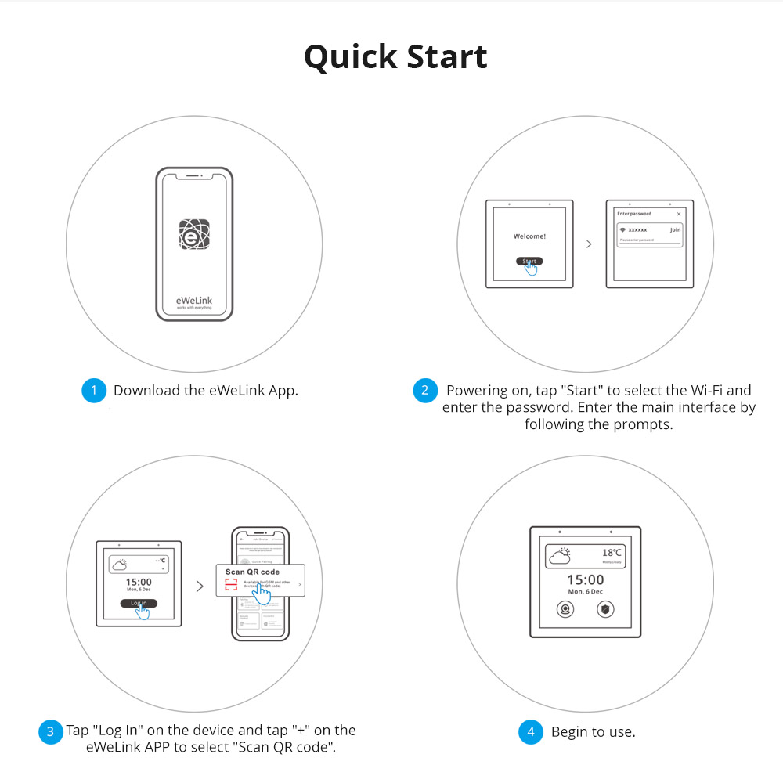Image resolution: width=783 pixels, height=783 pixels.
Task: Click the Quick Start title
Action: (395, 57)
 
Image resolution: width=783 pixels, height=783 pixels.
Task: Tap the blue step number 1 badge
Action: (93, 391)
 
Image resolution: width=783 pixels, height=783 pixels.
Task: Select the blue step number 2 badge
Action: (424, 391)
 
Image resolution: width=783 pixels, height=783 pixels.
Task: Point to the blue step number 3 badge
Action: (50, 731)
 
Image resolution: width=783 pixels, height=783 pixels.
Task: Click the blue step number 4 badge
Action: (531, 732)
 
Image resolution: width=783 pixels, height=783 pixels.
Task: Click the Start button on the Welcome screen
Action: (529, 261)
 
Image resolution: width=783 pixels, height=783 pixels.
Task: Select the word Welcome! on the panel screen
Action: (529, 236)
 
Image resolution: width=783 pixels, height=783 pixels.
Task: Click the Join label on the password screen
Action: (675, 230)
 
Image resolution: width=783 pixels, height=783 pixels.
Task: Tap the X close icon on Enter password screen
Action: (678, 214)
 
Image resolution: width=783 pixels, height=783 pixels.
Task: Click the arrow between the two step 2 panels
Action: (589, 244)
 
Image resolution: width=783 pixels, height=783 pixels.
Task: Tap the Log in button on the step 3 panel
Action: (139, 603)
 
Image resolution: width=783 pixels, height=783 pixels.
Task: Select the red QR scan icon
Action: (230, 585)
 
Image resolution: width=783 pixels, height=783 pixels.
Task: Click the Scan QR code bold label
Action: (252, 572)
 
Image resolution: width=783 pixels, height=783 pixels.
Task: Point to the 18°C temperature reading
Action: (612, 553)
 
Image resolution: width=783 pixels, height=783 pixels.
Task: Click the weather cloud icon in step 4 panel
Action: (561, 556)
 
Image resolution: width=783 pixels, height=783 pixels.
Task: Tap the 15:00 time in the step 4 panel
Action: (585, 579)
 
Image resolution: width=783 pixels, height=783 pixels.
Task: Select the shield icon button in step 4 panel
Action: (605, 608)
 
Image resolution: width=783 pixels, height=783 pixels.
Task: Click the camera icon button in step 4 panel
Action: (564, 608)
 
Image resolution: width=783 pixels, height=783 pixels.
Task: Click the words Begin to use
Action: (593, 732)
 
